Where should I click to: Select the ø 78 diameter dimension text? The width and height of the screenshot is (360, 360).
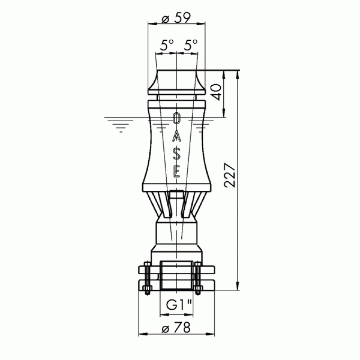pos(176,328)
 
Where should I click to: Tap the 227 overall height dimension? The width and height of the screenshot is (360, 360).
pos(230,176)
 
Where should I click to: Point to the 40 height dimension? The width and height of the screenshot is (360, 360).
pos(216,93)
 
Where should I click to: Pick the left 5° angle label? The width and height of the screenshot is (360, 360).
pos(167,46)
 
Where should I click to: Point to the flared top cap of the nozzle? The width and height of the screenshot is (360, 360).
pos(176,82)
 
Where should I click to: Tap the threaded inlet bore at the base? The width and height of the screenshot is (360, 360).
pos(176,275)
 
